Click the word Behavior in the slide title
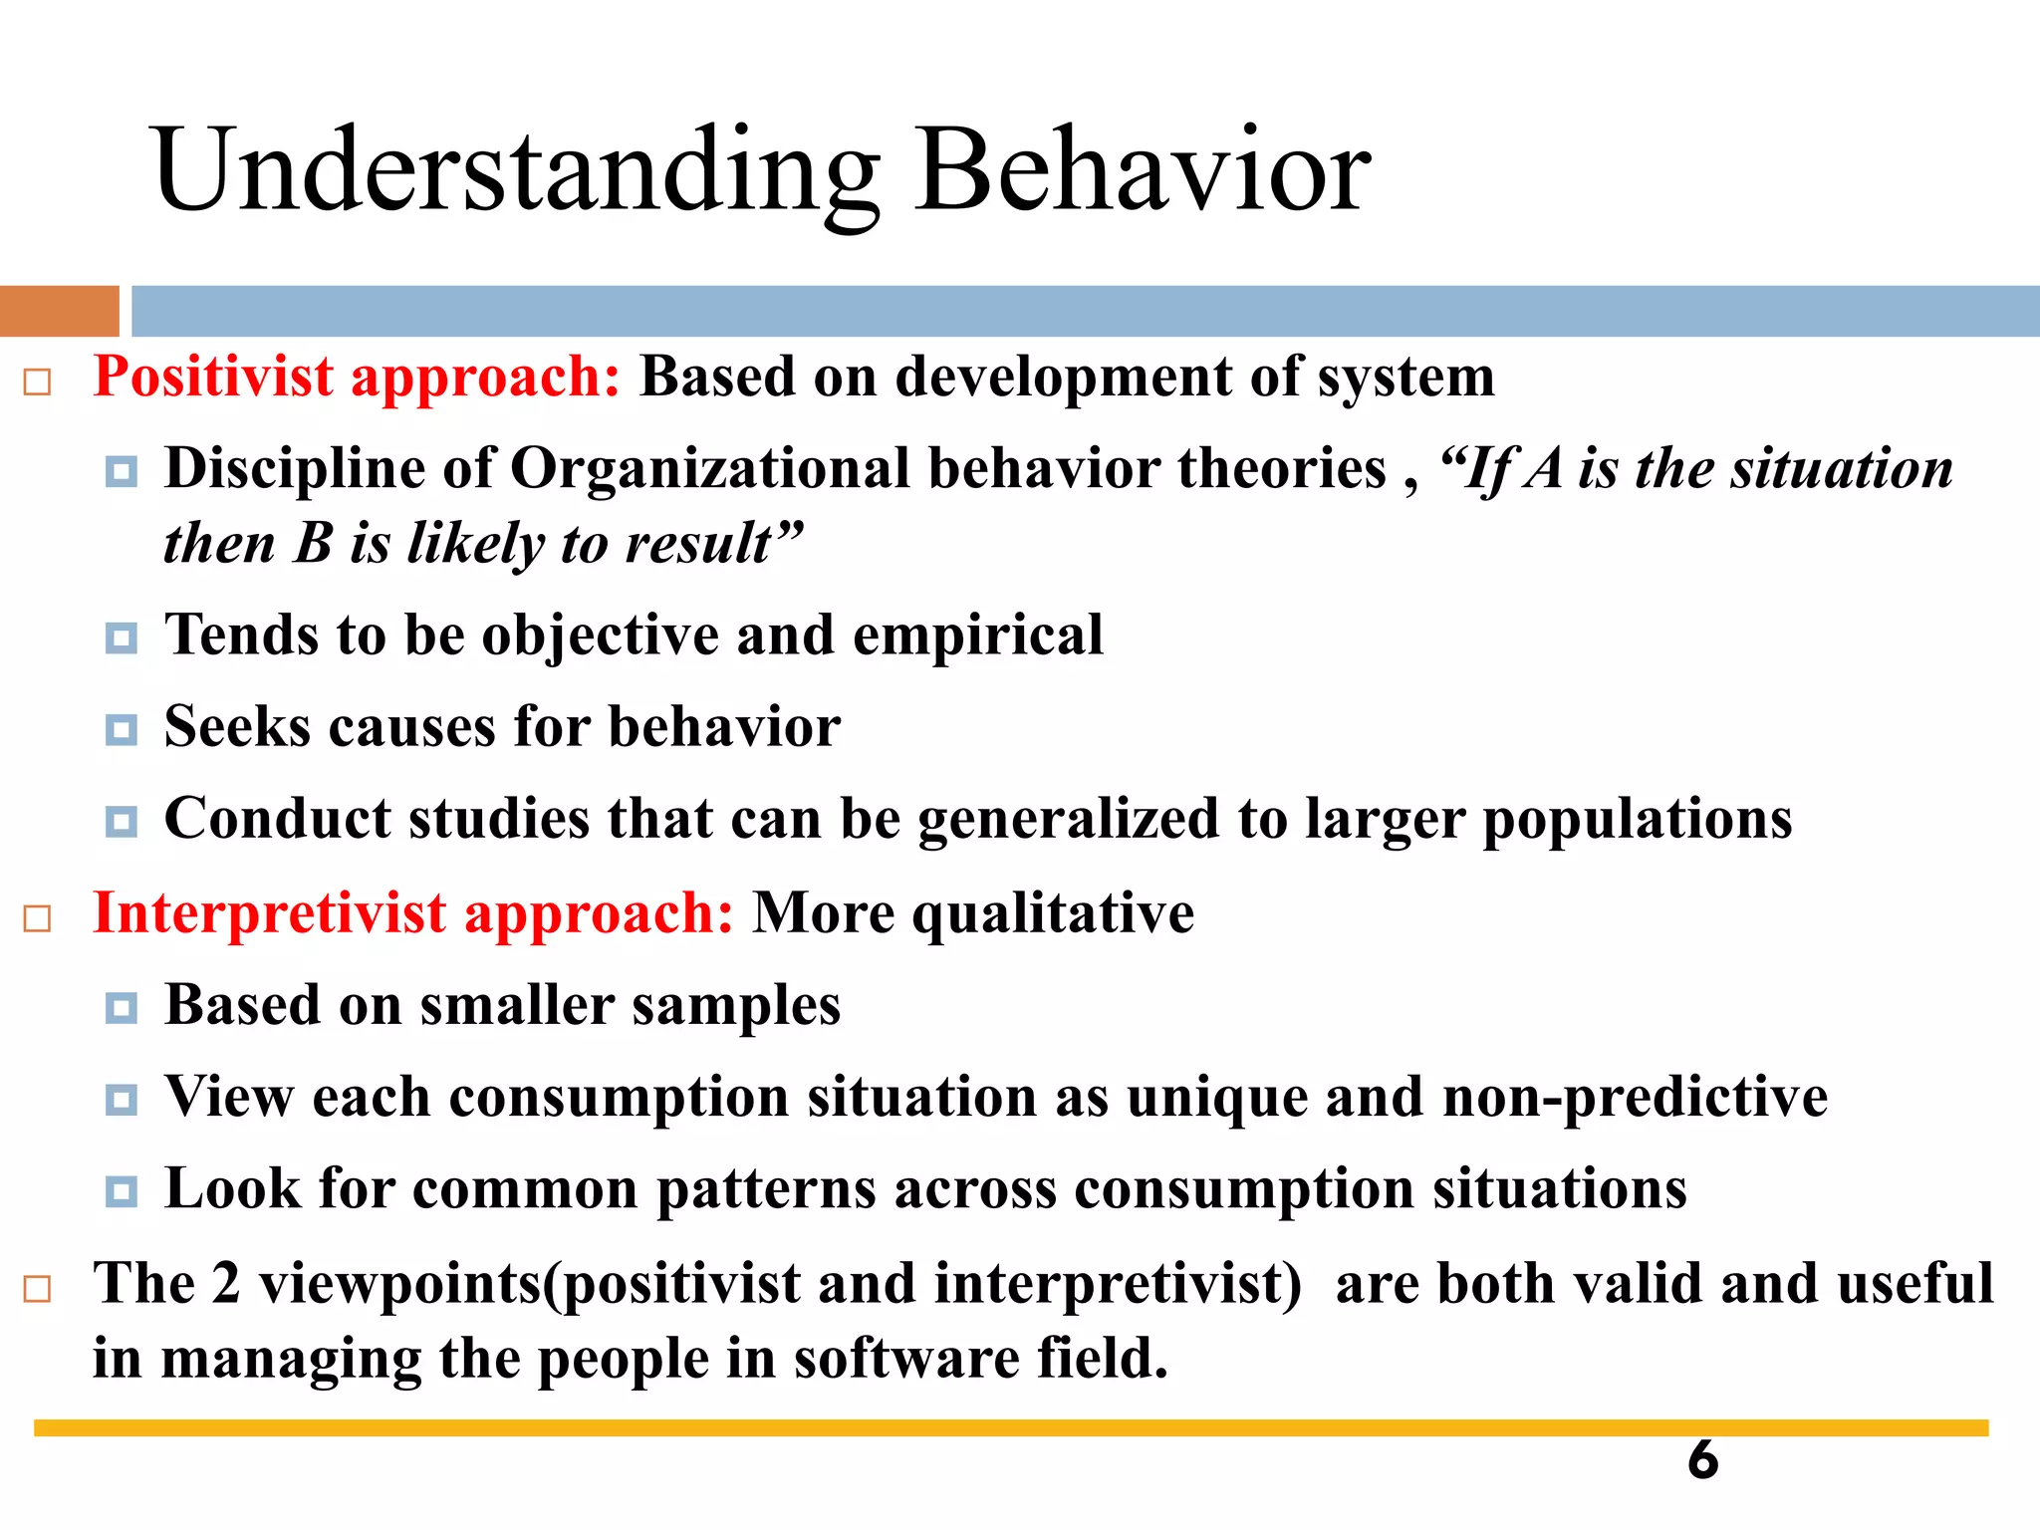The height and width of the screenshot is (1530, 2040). click(1143, 171)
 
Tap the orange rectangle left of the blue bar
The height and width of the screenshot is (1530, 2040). click(59, 311)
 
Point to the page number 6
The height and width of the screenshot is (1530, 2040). click(1702, 1460)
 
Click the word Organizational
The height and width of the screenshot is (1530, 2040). click(710, 468)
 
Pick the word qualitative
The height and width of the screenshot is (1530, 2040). click(1053, 913)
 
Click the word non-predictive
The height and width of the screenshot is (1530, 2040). click(1635, 1098)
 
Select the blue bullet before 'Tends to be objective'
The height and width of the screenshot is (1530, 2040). click(122, 637)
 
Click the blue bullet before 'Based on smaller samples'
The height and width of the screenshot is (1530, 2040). click(122, 1008)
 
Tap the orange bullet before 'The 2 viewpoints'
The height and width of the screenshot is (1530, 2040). click(37, 1289)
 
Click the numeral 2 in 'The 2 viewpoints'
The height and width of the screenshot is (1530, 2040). click(226, 1283)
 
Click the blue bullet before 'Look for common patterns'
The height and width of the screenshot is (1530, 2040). click(122, 1191)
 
